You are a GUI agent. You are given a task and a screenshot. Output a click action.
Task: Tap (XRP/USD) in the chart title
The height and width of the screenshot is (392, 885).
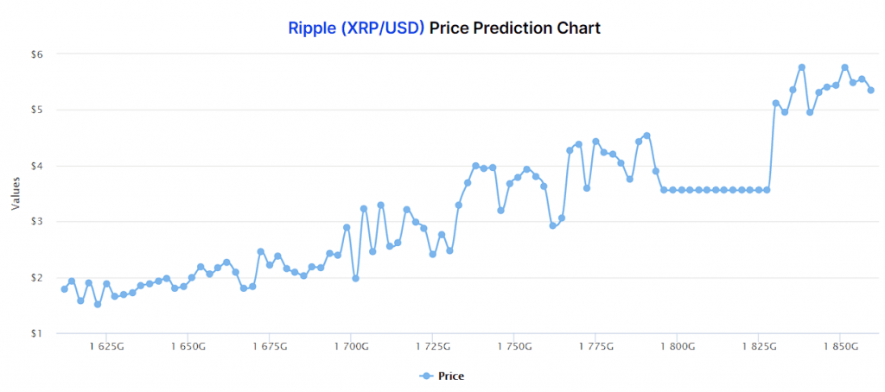382,28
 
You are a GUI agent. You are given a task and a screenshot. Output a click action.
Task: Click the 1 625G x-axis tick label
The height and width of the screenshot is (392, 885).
105,347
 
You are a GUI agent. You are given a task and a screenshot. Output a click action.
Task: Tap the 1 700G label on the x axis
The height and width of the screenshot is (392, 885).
351,347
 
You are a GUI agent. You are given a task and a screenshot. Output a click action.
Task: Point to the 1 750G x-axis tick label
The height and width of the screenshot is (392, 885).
514,347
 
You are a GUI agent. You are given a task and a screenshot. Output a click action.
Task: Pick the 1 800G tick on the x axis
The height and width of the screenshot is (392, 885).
678,347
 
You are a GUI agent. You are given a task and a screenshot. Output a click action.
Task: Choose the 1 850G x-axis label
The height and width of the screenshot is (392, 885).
841,347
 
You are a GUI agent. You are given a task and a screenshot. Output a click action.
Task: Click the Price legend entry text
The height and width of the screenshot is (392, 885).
451,376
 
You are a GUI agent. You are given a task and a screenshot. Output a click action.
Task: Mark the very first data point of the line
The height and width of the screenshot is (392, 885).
64,289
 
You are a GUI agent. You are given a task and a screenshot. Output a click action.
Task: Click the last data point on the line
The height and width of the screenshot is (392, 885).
871,90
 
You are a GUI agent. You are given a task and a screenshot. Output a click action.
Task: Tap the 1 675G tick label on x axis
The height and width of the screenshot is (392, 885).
269,347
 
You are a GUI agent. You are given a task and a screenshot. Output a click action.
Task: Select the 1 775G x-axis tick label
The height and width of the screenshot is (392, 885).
595,347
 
